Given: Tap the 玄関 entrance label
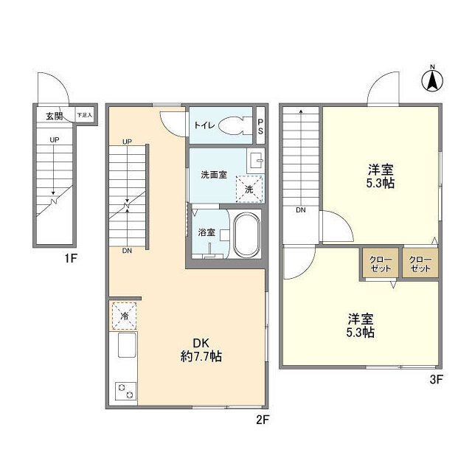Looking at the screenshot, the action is point(54,116).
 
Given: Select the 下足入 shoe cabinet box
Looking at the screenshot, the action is point(85,115).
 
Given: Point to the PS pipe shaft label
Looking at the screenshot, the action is point(260,126).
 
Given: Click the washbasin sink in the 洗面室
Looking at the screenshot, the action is point(256,160).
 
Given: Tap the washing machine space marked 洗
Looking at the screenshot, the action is point(249,190).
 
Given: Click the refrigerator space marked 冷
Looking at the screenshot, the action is point(125,316).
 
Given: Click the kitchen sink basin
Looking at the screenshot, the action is point(127,345).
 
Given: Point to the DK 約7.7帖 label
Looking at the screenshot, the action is point(201,350).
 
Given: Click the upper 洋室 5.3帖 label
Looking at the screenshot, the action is point(381,176).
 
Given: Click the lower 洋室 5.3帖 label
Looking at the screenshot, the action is point(361,325).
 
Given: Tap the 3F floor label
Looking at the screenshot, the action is point(436,380).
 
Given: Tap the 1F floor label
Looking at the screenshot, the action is point(71,258).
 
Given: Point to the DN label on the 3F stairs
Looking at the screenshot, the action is point(301,210).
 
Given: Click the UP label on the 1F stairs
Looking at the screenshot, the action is point(55,139).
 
